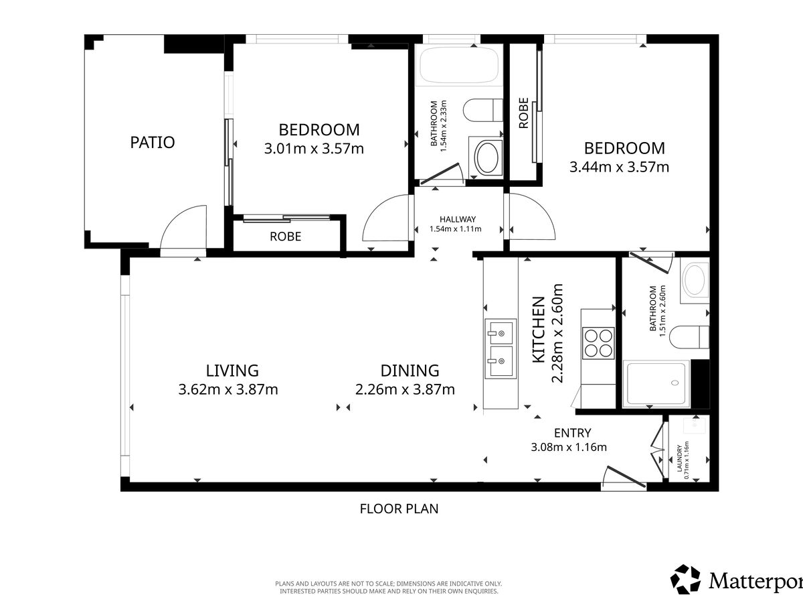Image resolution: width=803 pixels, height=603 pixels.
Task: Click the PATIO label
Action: pyautogui.click(x=153, y=143)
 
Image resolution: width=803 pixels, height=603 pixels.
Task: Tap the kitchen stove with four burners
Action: pyautogui.click(x=598, y=343)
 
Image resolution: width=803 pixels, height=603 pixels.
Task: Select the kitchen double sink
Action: pyautogui.click(x=501, y=348)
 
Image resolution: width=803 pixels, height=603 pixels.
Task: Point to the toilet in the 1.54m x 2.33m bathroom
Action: pyautogui.click(x=483, y=110)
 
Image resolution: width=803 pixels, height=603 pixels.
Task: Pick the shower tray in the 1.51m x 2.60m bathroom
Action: pyautogui.click(x=656, y=383)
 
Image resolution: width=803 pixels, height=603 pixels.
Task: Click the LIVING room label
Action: pyautogui.click(x=232, y=371)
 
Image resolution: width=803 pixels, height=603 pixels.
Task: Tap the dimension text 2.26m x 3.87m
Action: pyautogui.click(x=405, y=389)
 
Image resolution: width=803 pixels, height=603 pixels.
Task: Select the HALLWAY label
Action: pyautogui.click(x=458, y=219)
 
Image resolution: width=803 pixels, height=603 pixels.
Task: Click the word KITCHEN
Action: pyautogui.click(x=539, y=330)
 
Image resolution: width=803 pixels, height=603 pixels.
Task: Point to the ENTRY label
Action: pyautogui.click(x=573, y=433)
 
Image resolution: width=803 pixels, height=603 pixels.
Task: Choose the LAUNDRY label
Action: pyautogui.click(x=679, y=458)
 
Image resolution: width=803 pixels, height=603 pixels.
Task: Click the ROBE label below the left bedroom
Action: pyautogui.click(x=285, y=237)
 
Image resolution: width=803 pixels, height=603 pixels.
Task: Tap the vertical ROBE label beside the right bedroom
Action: pyautogui.click(x=523, y=113)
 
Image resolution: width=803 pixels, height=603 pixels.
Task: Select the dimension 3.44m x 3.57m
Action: pyautogui.click(x=620, y=167)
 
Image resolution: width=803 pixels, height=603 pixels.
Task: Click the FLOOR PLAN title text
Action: pyautogui.click(x=399, y=509)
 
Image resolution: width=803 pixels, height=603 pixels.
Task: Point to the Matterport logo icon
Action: pyautogui.click(x=686, y=580)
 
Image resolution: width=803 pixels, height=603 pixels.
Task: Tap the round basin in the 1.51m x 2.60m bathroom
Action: pyautogui.click(x=695, y=279)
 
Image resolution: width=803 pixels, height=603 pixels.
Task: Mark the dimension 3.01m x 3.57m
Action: pyautogui.click(x=314, y=149)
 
